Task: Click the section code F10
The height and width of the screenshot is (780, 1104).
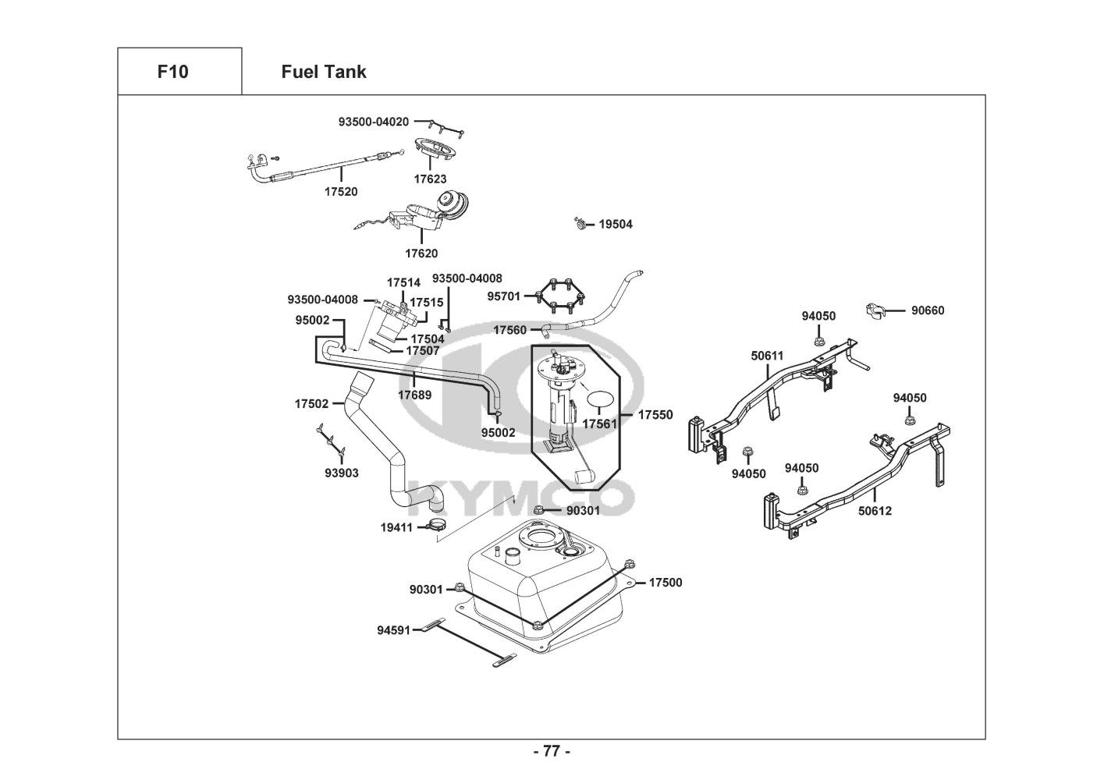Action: [172, 72]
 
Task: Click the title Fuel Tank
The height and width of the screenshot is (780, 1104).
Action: [323, 72]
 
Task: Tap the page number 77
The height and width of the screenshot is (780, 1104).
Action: [552, 752]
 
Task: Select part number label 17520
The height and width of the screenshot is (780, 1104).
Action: [342, 191]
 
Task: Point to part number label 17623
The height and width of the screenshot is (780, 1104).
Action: [430, 179]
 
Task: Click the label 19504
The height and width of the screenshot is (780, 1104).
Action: [616, 224]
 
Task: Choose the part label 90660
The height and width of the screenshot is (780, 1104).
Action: [928, 310]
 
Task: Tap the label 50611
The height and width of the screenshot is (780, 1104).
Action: [767, 355]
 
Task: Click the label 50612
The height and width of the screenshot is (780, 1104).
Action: [875, 511]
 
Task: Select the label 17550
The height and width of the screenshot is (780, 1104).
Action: [655, 415]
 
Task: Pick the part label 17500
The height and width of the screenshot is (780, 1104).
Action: [665, 582]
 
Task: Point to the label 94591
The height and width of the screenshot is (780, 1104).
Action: [393, 629]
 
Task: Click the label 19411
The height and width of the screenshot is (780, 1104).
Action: [396, 527]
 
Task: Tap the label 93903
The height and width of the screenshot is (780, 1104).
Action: [342, 473]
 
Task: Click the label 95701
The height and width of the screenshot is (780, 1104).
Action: [504, 296]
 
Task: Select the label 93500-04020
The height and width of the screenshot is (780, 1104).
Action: [373, 122]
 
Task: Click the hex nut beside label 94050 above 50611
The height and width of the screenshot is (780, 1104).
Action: [818, 340]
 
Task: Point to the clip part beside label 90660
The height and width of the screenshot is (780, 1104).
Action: [879, 310]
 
